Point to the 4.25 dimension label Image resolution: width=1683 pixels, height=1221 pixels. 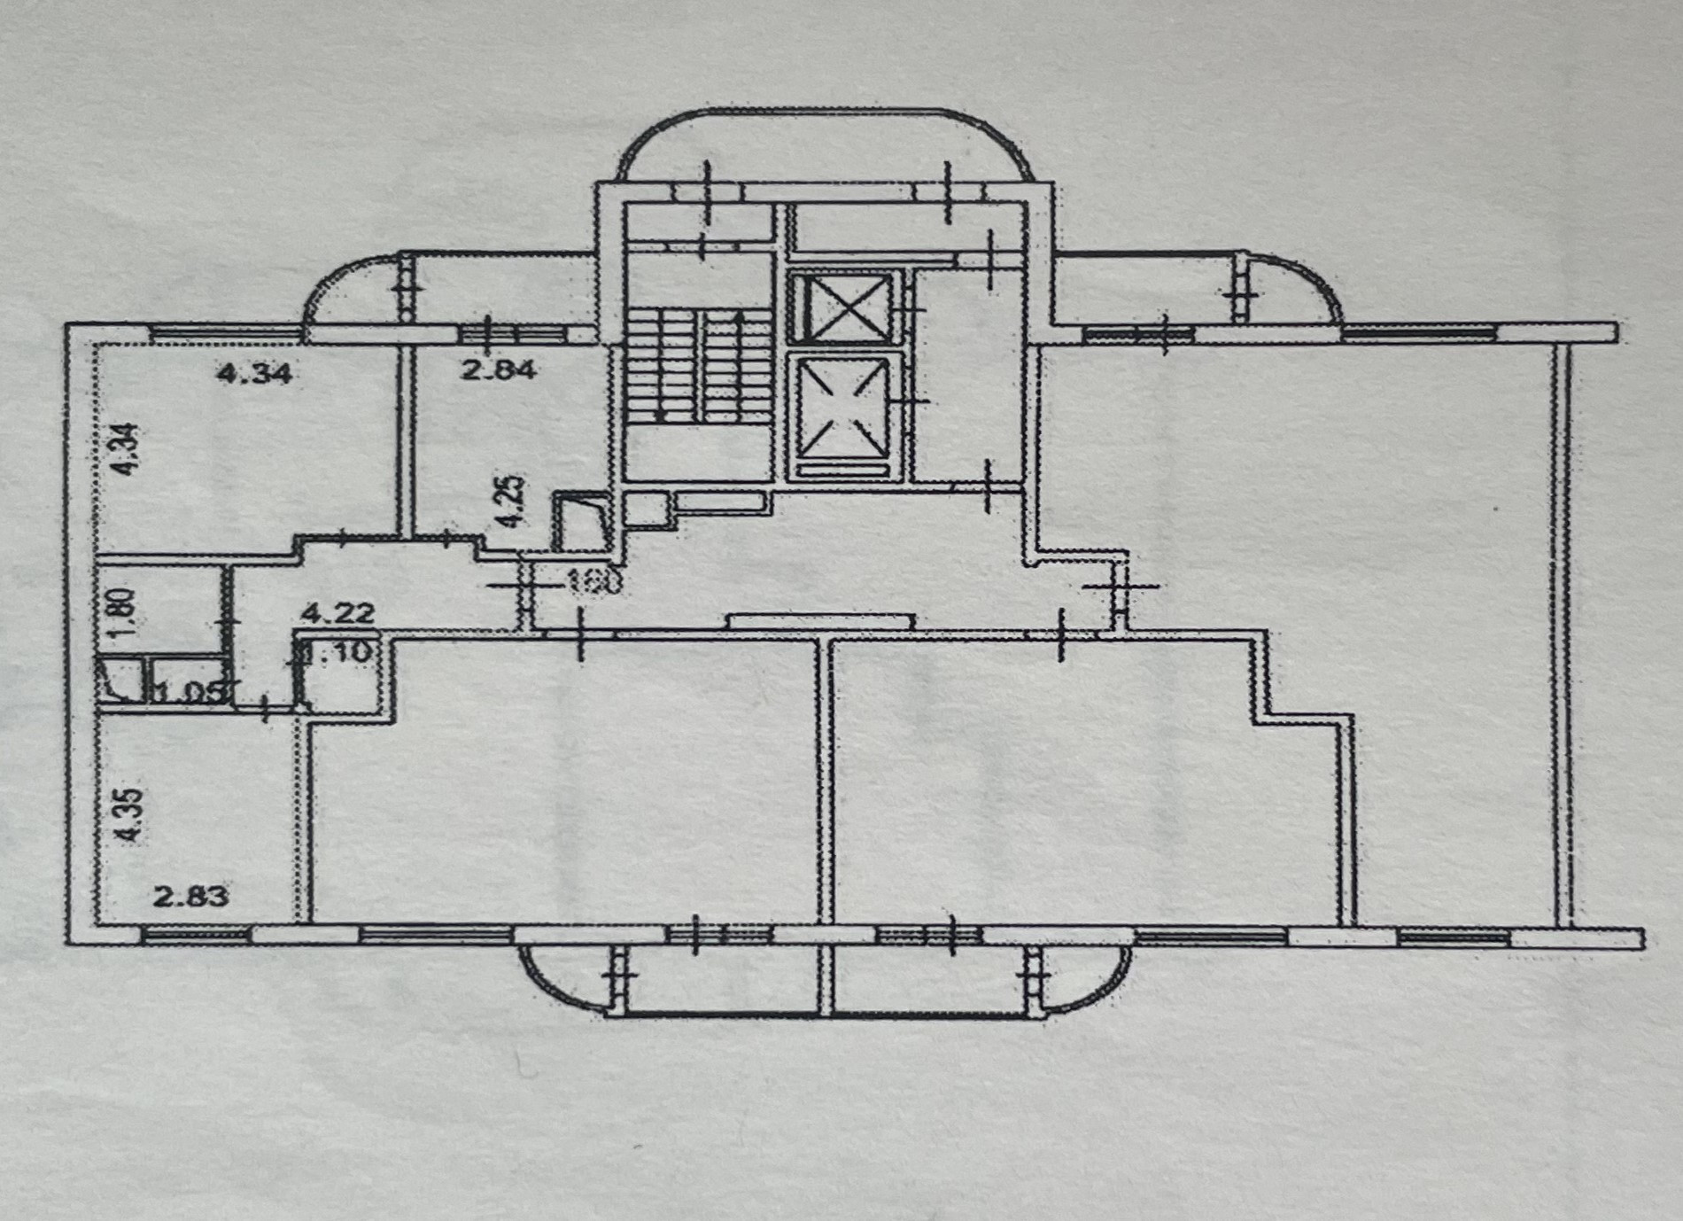pos(511,502)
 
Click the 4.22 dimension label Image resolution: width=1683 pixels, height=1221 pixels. pos(338,612)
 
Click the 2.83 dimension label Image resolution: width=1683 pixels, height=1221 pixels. pos(191,896)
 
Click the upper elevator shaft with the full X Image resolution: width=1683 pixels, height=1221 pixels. pos(840,307)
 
